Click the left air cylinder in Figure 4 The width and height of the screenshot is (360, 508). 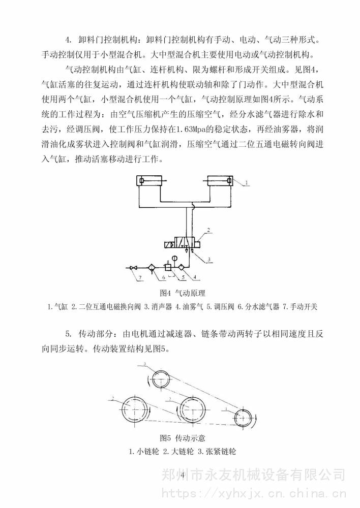pos(149,181)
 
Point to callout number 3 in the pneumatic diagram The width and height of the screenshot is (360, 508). pos(208,259)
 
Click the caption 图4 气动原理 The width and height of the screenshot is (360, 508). pos(182,293)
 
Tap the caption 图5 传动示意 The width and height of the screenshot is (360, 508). pos(183,437)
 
